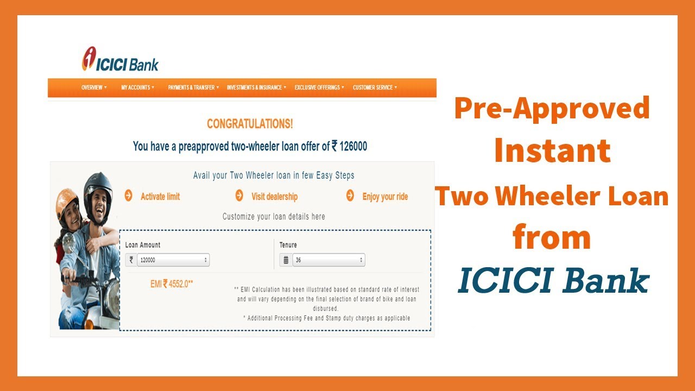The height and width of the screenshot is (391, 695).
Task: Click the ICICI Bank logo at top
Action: pos(120,59)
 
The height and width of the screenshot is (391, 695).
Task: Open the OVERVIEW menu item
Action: pos(94,87)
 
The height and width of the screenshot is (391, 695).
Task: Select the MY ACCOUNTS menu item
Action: pos(137,87)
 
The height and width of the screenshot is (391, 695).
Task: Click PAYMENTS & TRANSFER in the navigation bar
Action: pos(193,87)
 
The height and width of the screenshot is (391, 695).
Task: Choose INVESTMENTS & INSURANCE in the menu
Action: pos(256,87)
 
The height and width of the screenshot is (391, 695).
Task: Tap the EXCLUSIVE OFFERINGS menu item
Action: pos(319,87)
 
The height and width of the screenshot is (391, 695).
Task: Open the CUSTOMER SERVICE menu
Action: pos(375,87)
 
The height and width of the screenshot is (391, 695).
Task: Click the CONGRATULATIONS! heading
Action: pos(250,124)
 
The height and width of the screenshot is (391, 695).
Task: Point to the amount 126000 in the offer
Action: pos(353,146)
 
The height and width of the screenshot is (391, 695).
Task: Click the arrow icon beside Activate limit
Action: pos(129,196)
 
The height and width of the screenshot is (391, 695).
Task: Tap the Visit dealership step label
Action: pos(274,197)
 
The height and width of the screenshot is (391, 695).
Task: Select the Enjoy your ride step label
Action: pos(385,197)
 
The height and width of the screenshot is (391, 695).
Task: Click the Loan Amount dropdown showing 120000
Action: pos(173,260)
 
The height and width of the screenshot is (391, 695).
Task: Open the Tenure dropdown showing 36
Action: pos(328,260)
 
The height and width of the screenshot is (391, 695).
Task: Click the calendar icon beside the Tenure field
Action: pos(286,260)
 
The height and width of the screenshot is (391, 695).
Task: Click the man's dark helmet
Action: pos(97,188)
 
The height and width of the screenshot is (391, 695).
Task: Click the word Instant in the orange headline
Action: pos(553,151)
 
